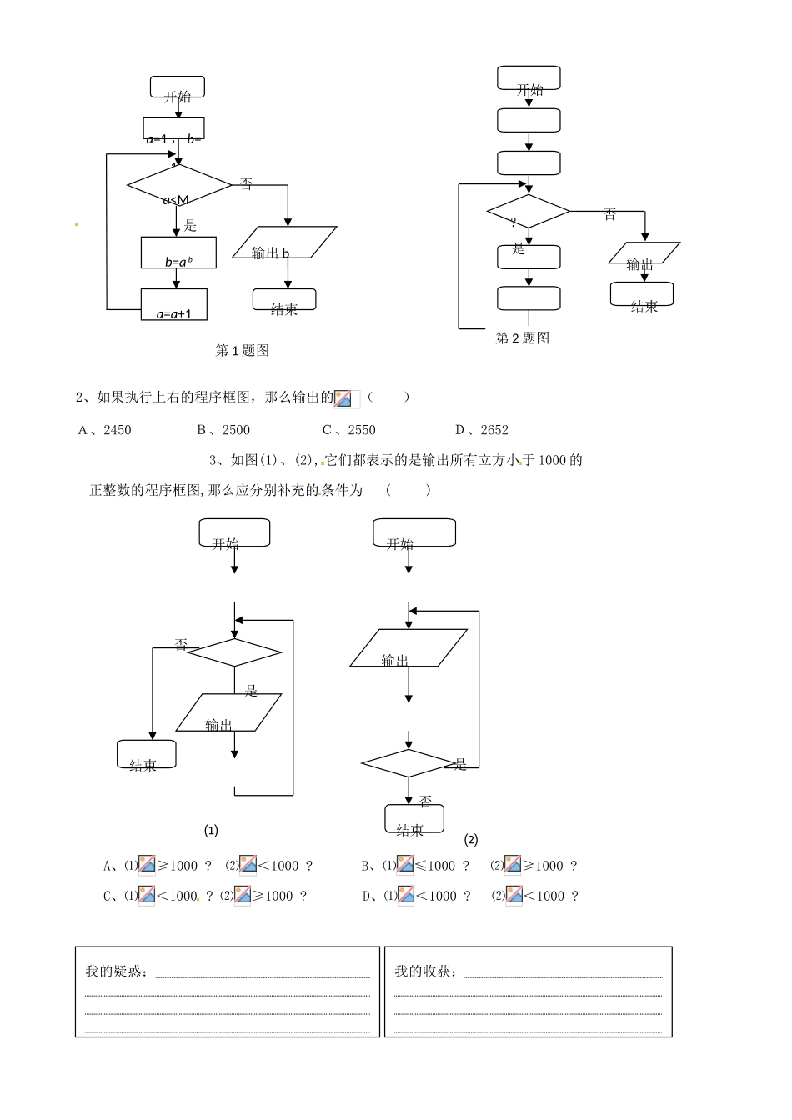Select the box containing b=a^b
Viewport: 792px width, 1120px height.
point(178,252)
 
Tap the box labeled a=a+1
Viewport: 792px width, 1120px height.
point(173,304)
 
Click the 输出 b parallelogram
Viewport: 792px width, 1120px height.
point(283,242)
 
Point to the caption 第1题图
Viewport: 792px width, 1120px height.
point(242,351)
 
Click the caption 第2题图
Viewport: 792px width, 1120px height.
point(523,337)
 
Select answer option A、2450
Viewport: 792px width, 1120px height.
point(105,430)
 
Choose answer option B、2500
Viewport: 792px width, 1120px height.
point(223,430)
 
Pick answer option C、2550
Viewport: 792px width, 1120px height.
point(349,430)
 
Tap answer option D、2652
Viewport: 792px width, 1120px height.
point(482,430)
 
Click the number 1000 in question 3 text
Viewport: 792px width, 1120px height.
point(552,460)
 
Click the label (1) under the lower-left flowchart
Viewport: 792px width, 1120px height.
point(211,831)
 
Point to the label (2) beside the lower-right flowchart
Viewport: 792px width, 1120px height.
point(471,840)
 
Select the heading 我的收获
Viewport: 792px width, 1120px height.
point(425,972)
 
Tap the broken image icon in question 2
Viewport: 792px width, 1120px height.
point(347,398)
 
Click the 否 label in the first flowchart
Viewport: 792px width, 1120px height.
point(246,184)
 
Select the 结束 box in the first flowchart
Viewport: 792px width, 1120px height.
point(284,301)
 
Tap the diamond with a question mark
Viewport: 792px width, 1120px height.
point(528,212)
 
